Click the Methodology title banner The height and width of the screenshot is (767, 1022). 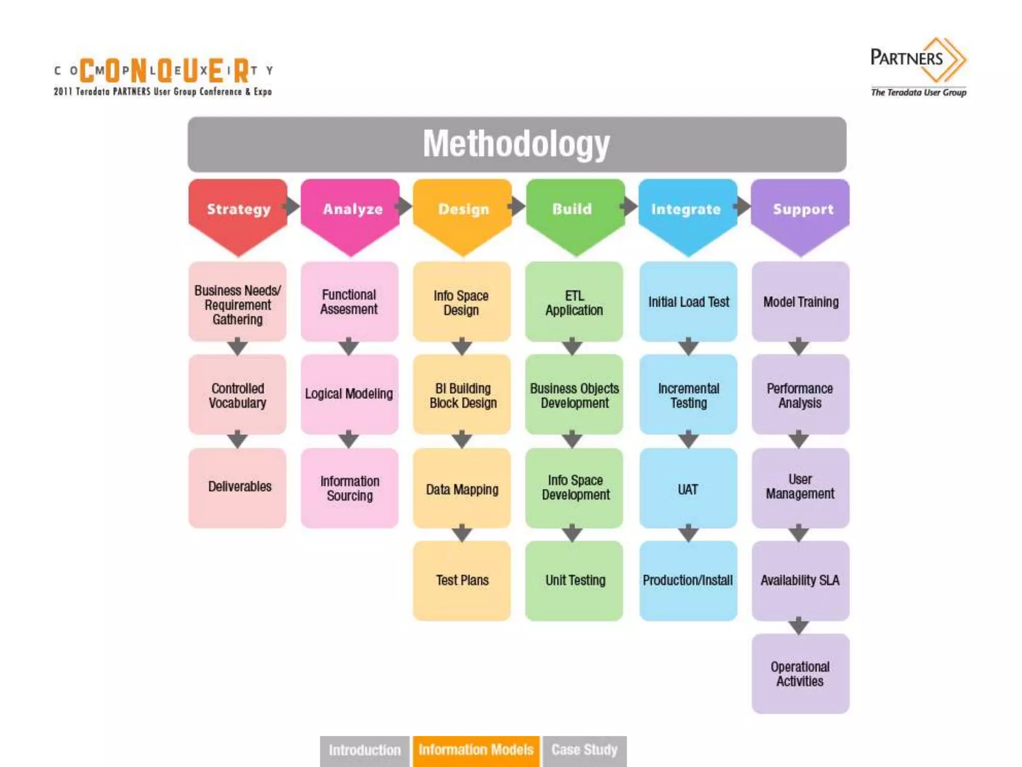[x=516, y=144]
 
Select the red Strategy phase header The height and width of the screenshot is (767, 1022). [x=238, y=210]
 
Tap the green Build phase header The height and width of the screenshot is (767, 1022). [x=574, y=210]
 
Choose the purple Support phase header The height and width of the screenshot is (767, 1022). [x=800, y=210]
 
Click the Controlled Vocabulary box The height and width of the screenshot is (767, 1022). [x=238, y=395]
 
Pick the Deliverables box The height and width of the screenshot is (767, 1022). [x=238, y=487]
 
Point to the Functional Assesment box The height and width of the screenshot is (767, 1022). [x=349, y=302]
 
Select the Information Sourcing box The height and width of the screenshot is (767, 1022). [x=349, y=488]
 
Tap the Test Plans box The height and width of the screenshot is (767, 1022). [x=462, y=580]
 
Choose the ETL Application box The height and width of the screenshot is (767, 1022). [x=574, y=302]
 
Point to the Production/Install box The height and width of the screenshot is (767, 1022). [x=688, y=580]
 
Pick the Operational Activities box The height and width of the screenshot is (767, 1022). [x=800, y=674]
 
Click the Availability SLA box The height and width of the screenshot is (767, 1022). [x=800, y=580]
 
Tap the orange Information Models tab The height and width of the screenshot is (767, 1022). [x=476, y=750]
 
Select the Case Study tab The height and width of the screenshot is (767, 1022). [x=584, y=750]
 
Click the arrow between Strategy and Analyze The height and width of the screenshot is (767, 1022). [x=292, y=206]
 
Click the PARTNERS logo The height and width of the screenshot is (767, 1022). [x=918, y=65]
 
